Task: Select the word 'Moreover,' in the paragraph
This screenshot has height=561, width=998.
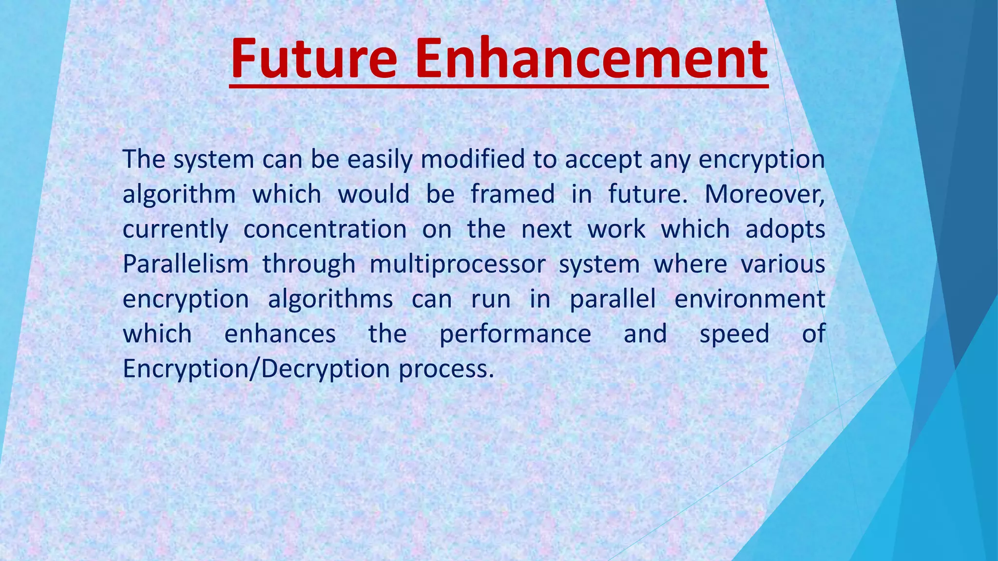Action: (x=765, y=194)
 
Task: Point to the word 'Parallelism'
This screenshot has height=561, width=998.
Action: (x=186, y=264)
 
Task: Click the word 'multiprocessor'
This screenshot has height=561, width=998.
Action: (x=458, y=264)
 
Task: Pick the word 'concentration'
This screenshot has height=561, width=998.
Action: (x=325, y=229)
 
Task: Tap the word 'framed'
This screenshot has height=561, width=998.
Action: (x=513, y=194)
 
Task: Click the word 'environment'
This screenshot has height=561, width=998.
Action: (x=749, y=299)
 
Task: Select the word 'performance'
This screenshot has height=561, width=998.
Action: (x=515, y=334)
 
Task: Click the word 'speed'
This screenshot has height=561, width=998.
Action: (x=734, y=334)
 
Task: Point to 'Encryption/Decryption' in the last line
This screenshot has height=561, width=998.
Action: (x=256, y=369)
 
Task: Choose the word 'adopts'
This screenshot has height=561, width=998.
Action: (x=785, y=229)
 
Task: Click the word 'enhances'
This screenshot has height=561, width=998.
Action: (x=280, y=334)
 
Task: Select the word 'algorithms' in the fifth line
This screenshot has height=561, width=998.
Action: (x=330, y=299)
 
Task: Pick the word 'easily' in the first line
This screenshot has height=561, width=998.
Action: (x=380, y=159)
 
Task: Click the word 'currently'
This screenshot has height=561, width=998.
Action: (x=175, y=229)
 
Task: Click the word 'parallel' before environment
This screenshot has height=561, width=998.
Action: (x=613, y=299)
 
